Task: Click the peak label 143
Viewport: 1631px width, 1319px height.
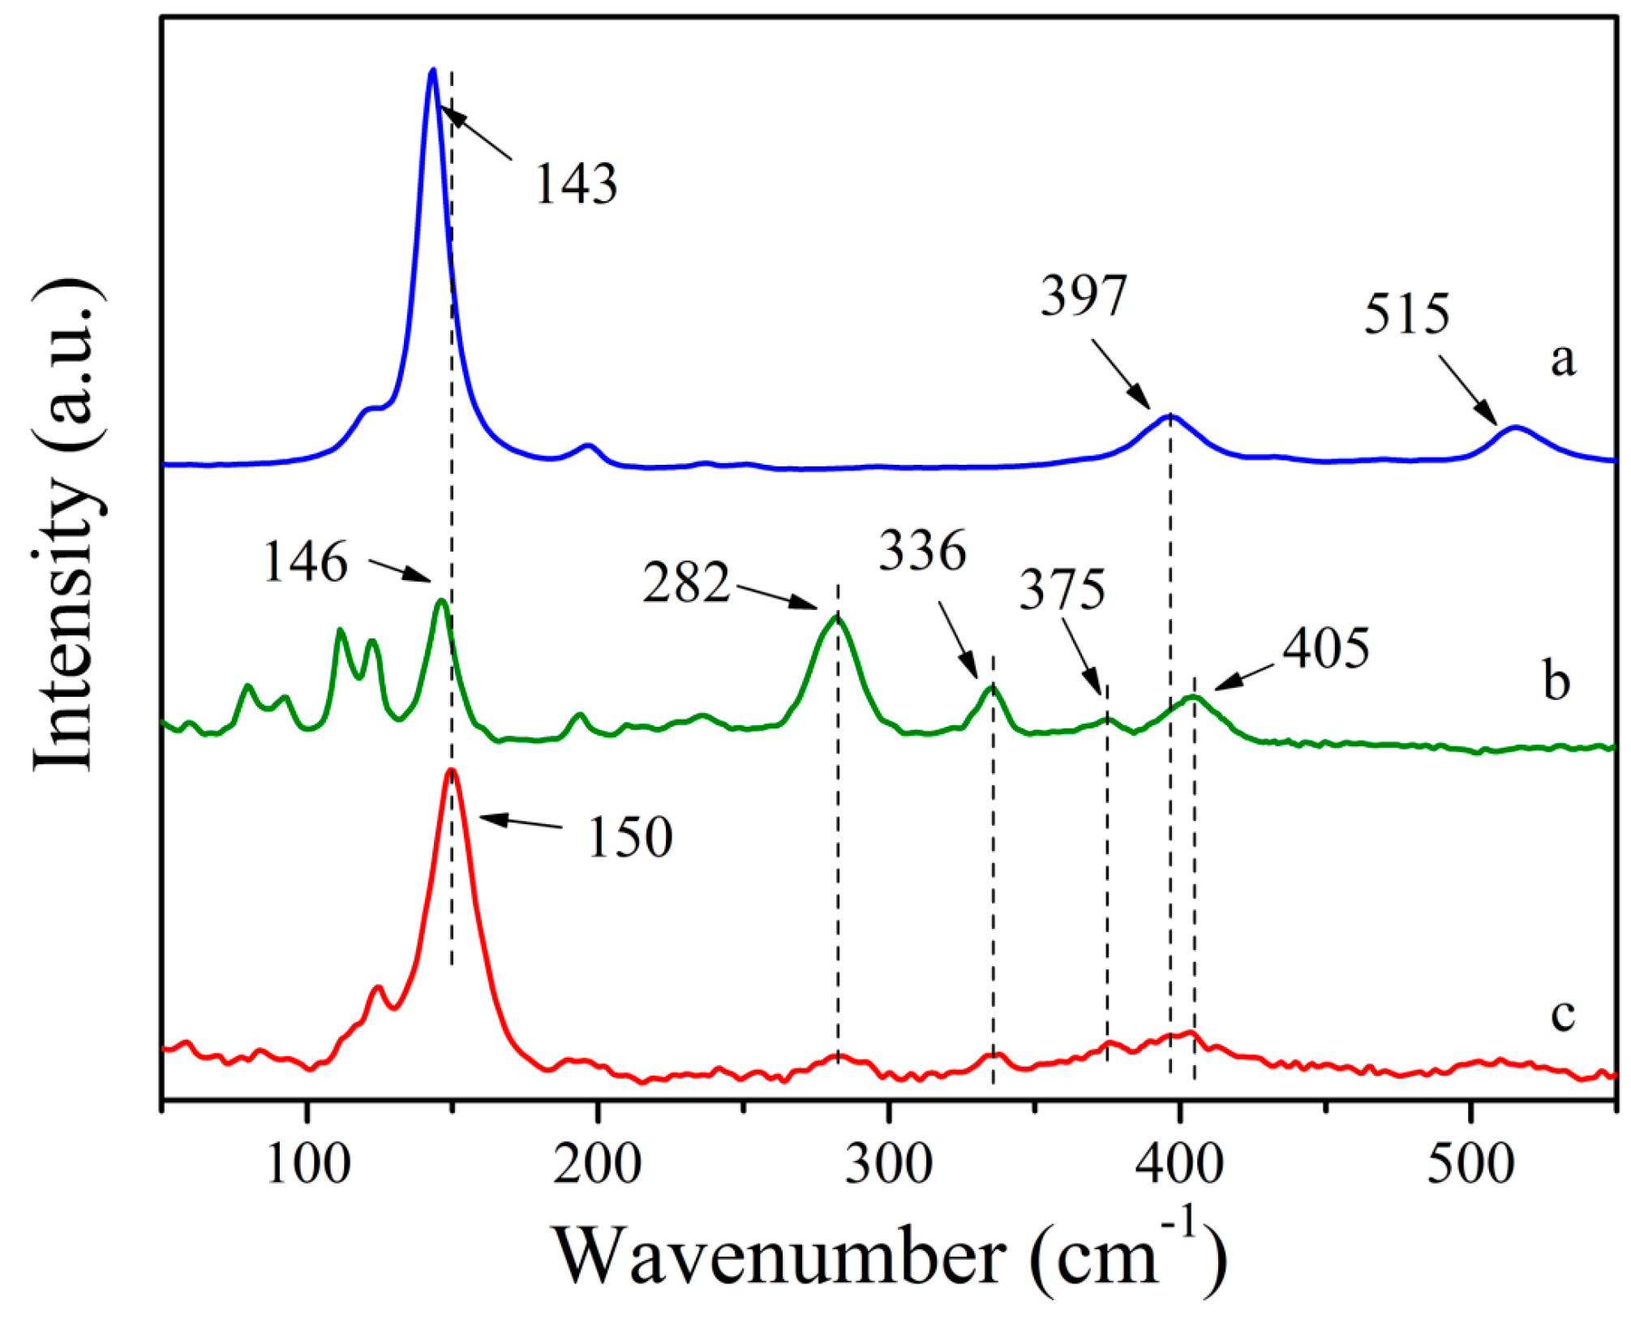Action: [x=576, y=183]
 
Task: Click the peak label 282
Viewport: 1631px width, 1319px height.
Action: [x=686, y=582]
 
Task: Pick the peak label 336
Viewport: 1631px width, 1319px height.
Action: [x=923, y=551]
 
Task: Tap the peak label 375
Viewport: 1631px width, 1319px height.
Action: [x=1062, y=589]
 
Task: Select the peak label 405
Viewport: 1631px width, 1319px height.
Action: [x=1327, y=648]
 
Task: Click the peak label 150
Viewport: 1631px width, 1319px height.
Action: [x=629, y=837]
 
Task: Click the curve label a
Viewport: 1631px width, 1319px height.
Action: [x=1562, y=359]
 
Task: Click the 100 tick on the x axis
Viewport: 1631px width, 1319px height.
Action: [x=308, y=1166]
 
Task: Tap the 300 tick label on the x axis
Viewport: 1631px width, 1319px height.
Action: [x=889, y=1166]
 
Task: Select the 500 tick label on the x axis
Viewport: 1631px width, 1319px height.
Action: [x=1470, y=1166]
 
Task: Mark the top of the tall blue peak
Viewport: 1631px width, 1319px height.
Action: [x=432, y=71]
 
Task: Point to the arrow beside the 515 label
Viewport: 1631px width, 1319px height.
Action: [x=1468, y=390]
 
